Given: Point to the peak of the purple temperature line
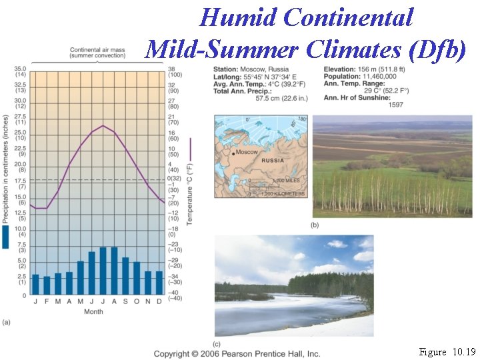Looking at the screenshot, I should (x=103, y=125).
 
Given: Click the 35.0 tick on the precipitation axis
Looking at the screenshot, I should (x=19, y=69).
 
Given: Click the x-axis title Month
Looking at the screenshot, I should (x=94, y=311).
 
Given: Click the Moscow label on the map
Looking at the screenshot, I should (x=246, y=152).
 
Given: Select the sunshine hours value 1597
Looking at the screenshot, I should (x=396, y=105).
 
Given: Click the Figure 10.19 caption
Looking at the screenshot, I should (x=447, y=351).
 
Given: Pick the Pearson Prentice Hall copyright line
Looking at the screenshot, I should (x=237, y=353).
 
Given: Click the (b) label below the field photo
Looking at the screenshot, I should (x=315, y=225).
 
